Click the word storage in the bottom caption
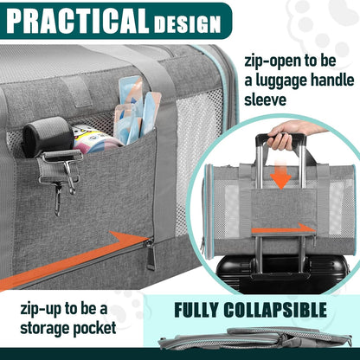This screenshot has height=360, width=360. click(42, 331)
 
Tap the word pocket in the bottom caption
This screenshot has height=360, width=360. click(106, 331)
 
